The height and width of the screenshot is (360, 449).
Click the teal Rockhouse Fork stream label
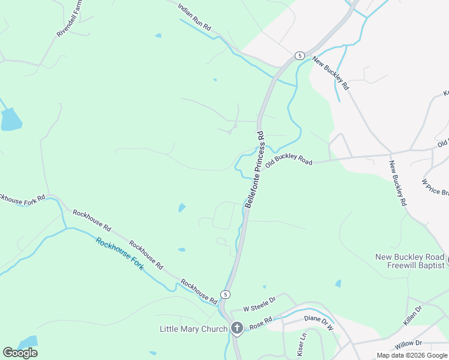[x=119, y=254]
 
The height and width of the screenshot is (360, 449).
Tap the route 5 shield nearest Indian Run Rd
[x=298, y=56]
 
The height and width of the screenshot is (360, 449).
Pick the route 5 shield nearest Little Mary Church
[x=224, y=294]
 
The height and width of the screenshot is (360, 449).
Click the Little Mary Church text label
[x=193, y=329]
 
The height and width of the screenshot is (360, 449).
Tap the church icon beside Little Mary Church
[x=237, y=328]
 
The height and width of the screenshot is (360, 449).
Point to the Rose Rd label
[x=261, y=322]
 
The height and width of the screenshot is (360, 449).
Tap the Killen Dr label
[x=413, y=316]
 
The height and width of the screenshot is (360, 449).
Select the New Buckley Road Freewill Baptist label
[x=410, y=261]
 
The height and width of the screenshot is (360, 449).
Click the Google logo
[x=20, y=353]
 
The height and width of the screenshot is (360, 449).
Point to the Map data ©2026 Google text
[x=412, y=355]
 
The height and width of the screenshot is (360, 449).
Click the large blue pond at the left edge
[x=10, y=120]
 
